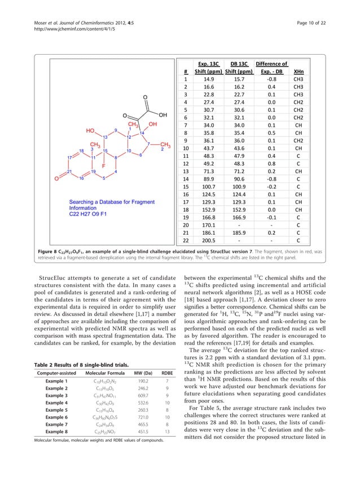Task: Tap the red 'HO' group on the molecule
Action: tap(90, 130)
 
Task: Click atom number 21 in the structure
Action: tap(69, 171)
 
